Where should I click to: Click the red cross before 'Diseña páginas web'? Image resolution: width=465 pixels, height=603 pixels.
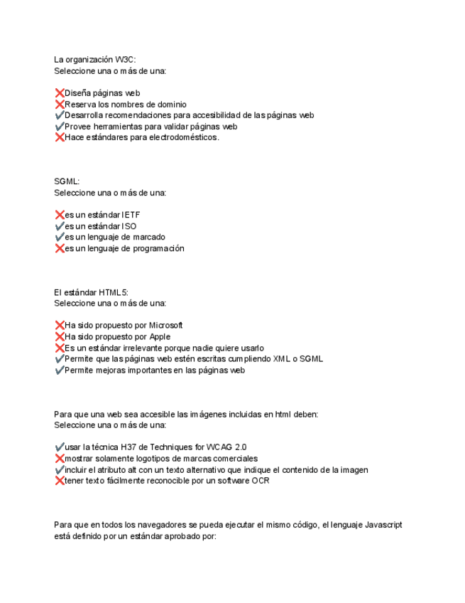pyautogui.click(x=59, y=93)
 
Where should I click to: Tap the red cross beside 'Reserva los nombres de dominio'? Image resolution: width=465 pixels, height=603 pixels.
pyautogui.click(x=59, y=105)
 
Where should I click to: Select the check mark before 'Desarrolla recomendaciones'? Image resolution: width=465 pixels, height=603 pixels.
pyautogui.click(x=59, y=115)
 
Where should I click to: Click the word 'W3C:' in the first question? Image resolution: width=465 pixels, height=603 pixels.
pyautogui.click(x=125, y=60)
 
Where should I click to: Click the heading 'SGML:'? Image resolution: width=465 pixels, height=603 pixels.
pyautogui.click(x=67, y=182)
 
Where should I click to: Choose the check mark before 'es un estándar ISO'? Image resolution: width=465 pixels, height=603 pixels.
pyautogui.click(x=59, y=226)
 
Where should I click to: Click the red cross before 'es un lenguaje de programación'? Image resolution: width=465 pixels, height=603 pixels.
pyautogui.click(x=59, y=249)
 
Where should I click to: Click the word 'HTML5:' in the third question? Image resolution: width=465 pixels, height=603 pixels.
pyautogui.click(x=113, y=292)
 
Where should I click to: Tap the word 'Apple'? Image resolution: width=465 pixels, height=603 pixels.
pyautogui.click(x=158, y=337)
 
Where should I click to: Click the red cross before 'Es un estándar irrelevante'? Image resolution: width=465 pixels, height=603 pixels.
pyautogui.click(x=59, y=348)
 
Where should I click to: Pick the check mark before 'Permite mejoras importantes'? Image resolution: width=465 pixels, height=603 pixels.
pyautogui.click(x=59, y=370)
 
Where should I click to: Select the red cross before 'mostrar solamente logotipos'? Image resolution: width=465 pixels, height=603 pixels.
pyautogui.click(x=59, y=459)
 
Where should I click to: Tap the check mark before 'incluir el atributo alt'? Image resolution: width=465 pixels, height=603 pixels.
pyautogui.click(x=59, y=470)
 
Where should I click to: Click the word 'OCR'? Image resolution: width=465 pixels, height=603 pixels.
pyautogui.click(x=260, y=481)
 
